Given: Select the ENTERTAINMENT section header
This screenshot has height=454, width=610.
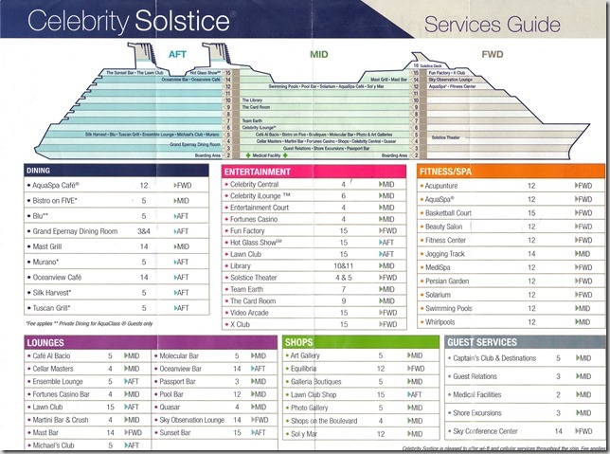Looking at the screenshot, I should [264, 172].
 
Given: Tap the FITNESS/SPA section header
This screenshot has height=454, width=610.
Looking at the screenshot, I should [453, 172].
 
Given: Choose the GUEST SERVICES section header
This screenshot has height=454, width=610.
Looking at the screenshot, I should [484, 342].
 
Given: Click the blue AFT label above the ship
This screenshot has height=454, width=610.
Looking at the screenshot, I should [180, 54].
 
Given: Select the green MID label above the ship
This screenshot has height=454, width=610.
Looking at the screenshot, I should [321, 54].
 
